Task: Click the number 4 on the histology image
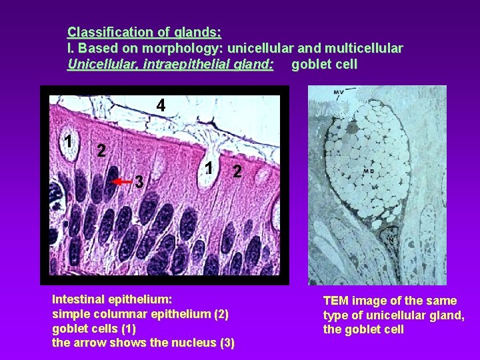[x=161, y=105]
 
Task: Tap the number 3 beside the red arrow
[x=139, y=181]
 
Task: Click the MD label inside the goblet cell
[x=368, y=171]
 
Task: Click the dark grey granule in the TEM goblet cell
[x=353, y=126]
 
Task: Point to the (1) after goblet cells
[x=126, y=329]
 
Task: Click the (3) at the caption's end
[x=227, y=343]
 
